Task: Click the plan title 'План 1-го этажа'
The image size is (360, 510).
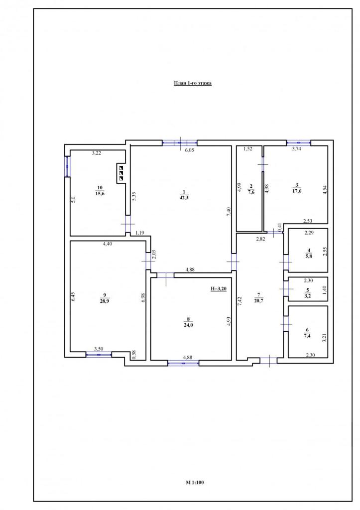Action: (193, 83)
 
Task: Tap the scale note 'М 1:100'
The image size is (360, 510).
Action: (195, 482)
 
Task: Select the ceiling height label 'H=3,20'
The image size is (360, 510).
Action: (219, 288)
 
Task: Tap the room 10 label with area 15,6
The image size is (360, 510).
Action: (100, 190)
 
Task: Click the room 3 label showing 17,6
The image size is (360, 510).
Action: (296, 188)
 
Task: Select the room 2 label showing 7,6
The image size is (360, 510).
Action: (251, 189)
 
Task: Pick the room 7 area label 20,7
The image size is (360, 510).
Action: (259, 297)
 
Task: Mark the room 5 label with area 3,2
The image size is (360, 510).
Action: (308, 293)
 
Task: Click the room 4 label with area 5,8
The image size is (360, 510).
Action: (309, 253)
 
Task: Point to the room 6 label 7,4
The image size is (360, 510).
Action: (307, 333)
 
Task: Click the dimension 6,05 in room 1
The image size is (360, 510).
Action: (190, 150)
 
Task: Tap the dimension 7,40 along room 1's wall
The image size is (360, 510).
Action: (229, 212)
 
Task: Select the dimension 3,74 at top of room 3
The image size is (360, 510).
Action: (297, 148)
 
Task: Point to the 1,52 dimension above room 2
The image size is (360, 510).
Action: (248, 148)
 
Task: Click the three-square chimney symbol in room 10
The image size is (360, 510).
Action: (121, 173)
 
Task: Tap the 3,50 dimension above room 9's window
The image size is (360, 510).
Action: (99, 349)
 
